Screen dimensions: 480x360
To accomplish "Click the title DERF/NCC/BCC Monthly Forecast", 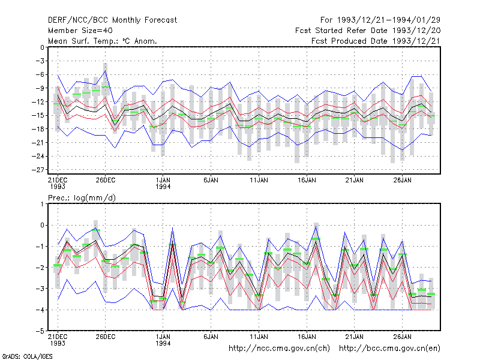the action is (112, 20).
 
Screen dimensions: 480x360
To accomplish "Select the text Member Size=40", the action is (80, 31).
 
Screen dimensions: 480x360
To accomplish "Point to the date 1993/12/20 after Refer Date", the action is (416, 31).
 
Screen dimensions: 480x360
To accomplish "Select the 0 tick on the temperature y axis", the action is (42, 47).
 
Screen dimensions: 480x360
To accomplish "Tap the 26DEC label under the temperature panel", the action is (106, 180).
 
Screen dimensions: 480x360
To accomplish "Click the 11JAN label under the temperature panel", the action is (259, 180).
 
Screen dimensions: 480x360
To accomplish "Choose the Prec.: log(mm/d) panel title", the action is (82, 198).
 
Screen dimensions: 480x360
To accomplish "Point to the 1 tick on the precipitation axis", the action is (42, 204).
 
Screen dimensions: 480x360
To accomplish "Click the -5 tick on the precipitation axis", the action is (40, 331).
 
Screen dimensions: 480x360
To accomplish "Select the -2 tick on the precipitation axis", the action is (40, 268).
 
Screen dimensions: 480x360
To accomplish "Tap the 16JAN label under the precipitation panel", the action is (307, 337).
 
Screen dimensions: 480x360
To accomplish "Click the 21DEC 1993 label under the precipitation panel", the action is (58, 340).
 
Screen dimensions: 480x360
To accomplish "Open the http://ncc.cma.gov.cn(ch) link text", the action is (279, 349).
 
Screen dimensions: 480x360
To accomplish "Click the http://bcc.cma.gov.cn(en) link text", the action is (389, 349).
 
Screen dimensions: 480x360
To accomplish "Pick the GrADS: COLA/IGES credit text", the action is (28, 356).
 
